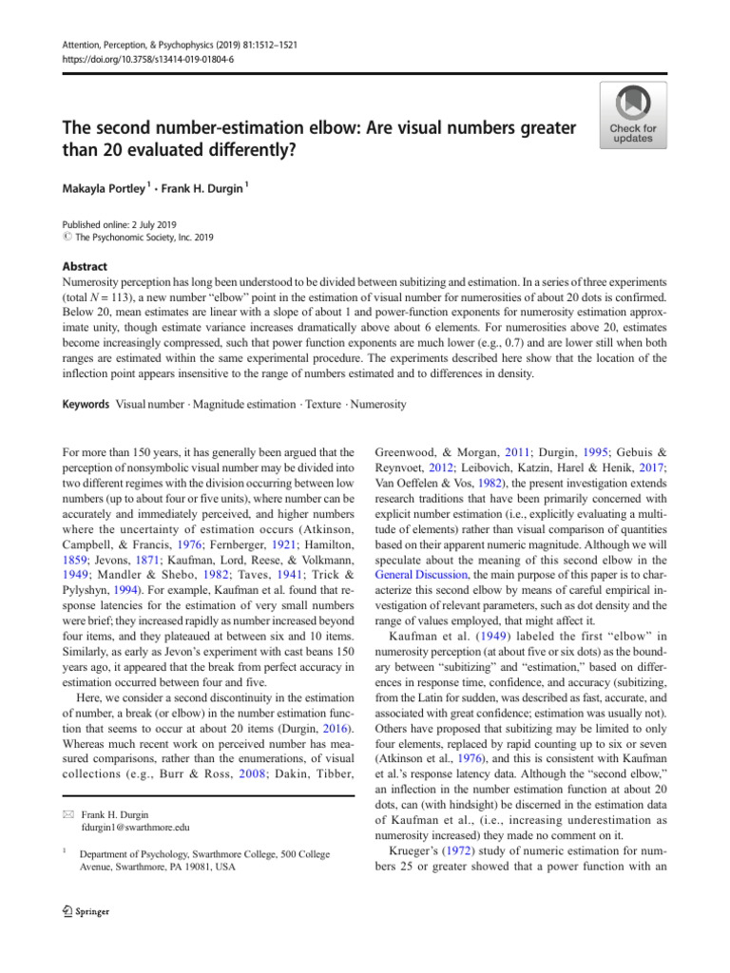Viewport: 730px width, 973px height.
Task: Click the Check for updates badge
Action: pyautogui.click(x=632, y=115)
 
